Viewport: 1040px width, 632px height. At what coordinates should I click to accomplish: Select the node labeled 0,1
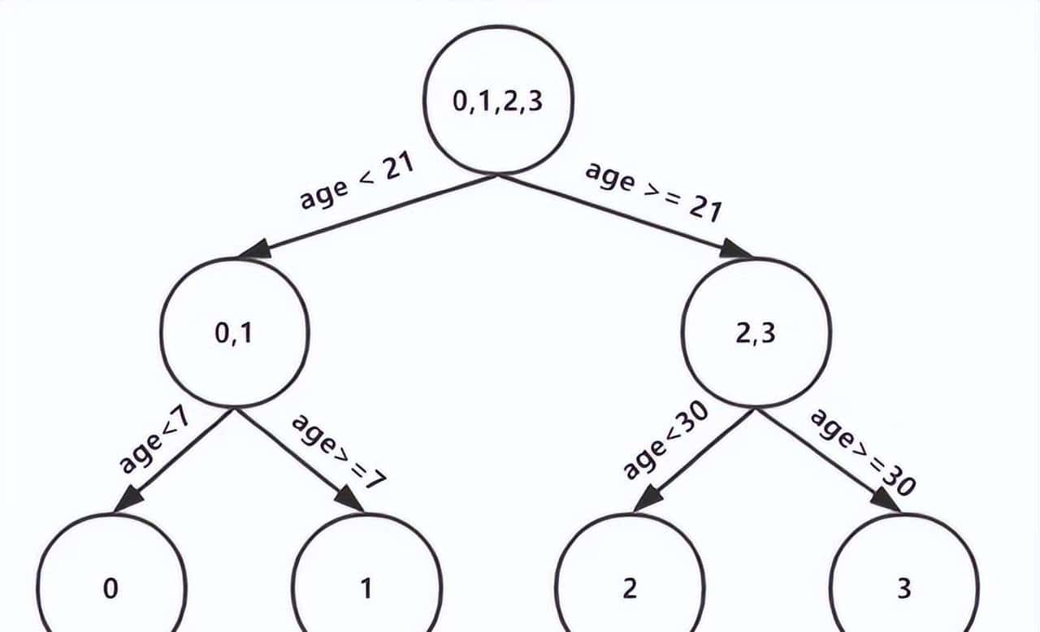click(x=235, y=333)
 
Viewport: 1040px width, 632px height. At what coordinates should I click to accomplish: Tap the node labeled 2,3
click(x=756, y=333)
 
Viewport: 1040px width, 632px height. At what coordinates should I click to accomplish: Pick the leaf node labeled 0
click(x=111, y=587)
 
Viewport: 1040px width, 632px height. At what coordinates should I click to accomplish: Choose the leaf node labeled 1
click(x=367, y=587)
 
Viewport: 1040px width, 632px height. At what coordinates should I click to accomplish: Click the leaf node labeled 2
click(x=630, y=587)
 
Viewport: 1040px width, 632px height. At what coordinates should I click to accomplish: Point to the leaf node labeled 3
click(x=903, y=587)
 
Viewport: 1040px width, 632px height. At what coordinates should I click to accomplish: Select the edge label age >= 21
click(x=653, y=192)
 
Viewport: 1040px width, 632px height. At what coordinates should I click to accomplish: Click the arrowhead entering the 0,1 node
click(x=255, y=249)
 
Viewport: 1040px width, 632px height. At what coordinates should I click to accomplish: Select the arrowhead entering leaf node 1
click(x=350, y=500)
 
